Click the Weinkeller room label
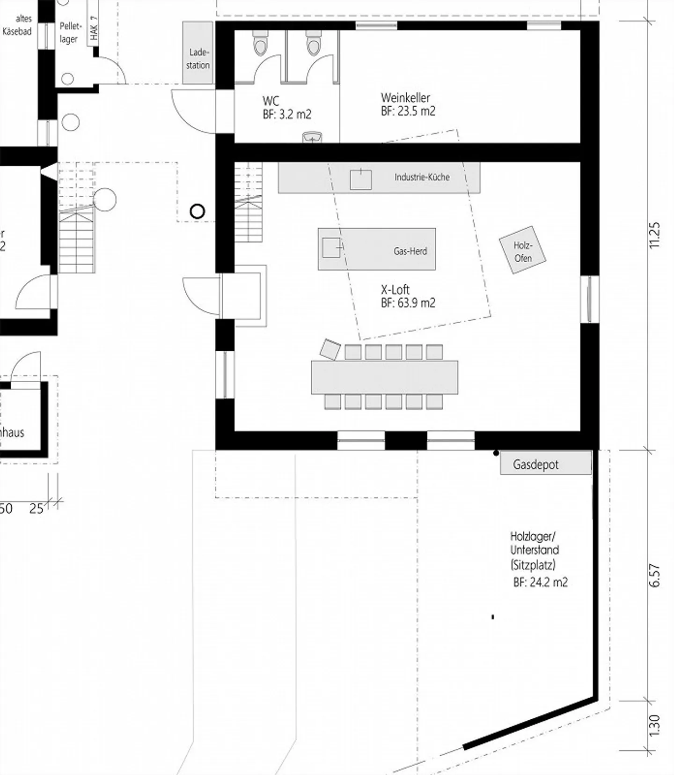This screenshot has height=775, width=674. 405,98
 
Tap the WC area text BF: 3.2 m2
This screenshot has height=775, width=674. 287,114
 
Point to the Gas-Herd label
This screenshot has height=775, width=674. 410,251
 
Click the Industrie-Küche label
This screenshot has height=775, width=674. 422,177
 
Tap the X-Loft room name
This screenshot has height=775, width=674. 395,289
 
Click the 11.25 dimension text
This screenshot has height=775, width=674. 654,235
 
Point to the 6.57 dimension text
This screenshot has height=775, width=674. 654,575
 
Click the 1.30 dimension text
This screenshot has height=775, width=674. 654,725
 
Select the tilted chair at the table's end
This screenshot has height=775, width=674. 330,349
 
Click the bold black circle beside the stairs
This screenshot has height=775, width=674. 198,212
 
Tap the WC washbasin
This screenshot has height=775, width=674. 312,137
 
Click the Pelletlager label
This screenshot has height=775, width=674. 70,33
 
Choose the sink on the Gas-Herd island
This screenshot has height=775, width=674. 331,248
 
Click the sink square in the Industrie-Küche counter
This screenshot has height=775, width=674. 361,180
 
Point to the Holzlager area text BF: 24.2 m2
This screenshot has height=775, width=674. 540,582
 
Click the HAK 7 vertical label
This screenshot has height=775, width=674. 94,28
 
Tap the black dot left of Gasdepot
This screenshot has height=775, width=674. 496,453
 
